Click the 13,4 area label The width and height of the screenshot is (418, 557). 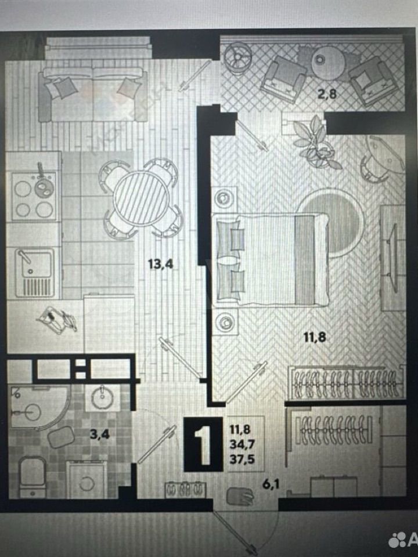click(x=161, y=265)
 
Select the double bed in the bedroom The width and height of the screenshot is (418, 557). click(x=272, y=259)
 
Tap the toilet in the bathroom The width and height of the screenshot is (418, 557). click(x=33, y=476)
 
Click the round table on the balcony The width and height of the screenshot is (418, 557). click(x=329, y=62)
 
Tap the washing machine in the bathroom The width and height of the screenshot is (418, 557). click(x=86, y=479)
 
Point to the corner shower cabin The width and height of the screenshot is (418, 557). click(x=35, y=406)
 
